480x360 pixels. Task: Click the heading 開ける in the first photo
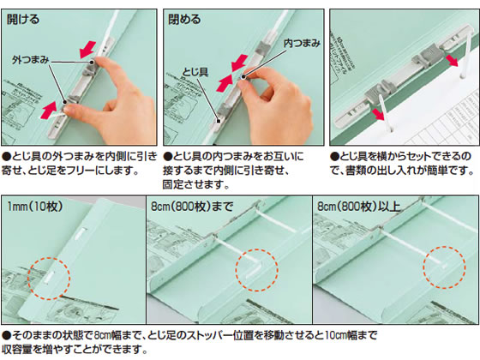coord(23,19)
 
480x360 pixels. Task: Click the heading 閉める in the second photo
coord(184,19)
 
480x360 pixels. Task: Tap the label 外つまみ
coord(30,60)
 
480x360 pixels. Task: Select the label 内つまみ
coord(302,43)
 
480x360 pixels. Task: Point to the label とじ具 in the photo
coord(195,72)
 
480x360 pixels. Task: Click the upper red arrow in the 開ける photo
coord(87,49)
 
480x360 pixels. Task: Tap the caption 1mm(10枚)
coord(35,207)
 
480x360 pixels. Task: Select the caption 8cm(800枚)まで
coord(192,207)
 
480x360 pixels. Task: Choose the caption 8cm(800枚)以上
coord(359,207)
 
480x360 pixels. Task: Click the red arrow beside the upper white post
coord(452,60)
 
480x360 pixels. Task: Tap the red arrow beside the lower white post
coord(378,115)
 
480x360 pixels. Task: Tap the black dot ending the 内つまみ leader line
coord(243,77)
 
